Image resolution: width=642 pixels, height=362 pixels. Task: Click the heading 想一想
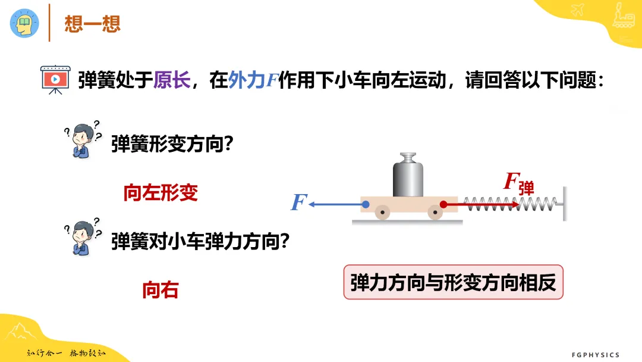[x=93, y=23]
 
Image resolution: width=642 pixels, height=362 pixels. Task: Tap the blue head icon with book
[x=24, y=23]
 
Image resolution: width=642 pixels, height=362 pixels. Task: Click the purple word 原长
[x=172, y=80]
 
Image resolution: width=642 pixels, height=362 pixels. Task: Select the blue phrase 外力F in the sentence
[x=253, y=80]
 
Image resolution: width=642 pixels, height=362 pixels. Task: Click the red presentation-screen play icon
[x=55, y=79]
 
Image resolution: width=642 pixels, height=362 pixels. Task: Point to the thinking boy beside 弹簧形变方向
[x=83, y=140]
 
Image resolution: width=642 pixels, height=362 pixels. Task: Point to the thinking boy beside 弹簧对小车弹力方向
[x=83, y=238]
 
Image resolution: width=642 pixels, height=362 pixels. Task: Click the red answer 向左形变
[x=160, y=193]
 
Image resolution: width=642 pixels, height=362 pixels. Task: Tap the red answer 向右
[x=160, y=291]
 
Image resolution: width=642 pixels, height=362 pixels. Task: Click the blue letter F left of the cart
[x=298, y=202]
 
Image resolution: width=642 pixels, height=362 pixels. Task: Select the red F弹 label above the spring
[x=519, y=183]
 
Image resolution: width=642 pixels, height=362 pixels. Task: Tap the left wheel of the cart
[x=382, y=213]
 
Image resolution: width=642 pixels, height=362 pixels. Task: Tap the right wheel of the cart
[x=435, y=213]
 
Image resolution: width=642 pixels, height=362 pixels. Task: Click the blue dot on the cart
[x=366, y=204]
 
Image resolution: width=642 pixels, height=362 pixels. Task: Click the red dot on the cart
[x=443, y=204]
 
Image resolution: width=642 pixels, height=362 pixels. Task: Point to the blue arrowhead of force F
[x=311, y=204]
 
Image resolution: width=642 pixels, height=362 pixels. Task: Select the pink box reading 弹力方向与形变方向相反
[x=453, y=282]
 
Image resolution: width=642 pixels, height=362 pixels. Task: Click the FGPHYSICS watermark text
[x=596, y=355]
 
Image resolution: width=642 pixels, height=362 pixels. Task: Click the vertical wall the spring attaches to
[x=565, y=204]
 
